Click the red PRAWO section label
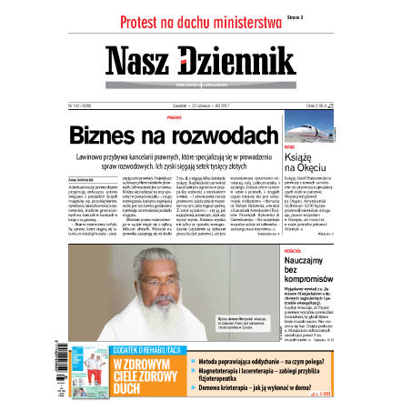click(x=198, y=116)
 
